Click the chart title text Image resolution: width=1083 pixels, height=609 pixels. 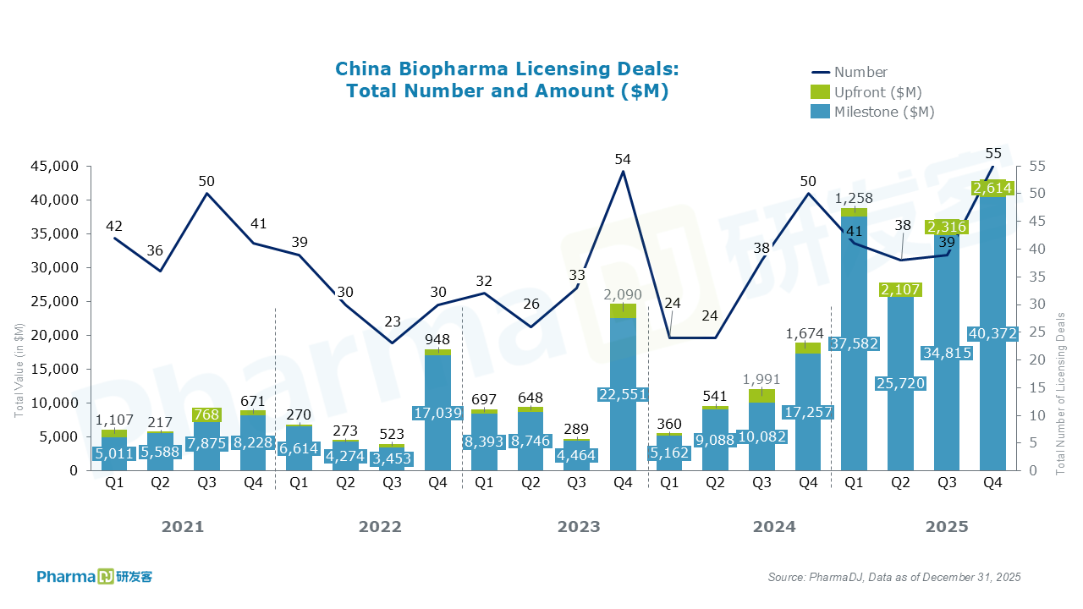tap(507, 80)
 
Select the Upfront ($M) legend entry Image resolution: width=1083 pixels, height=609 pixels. tap(877, 92)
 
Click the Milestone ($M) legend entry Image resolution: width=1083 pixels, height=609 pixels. tap(883, 112)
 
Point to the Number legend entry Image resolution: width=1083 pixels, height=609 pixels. tap(860, 72)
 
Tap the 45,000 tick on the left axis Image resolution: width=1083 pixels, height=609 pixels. tap(55, 167)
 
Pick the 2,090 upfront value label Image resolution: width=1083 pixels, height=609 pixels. tap(622, 295)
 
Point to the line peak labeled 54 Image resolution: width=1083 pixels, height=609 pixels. tap(623, 171)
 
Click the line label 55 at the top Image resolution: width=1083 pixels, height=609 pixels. tap(993, 153)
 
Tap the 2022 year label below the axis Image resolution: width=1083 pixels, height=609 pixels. tap(380, 527)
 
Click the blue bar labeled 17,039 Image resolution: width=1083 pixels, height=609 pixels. tap(437, 440)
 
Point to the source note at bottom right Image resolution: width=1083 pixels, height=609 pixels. tap(894, 577)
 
